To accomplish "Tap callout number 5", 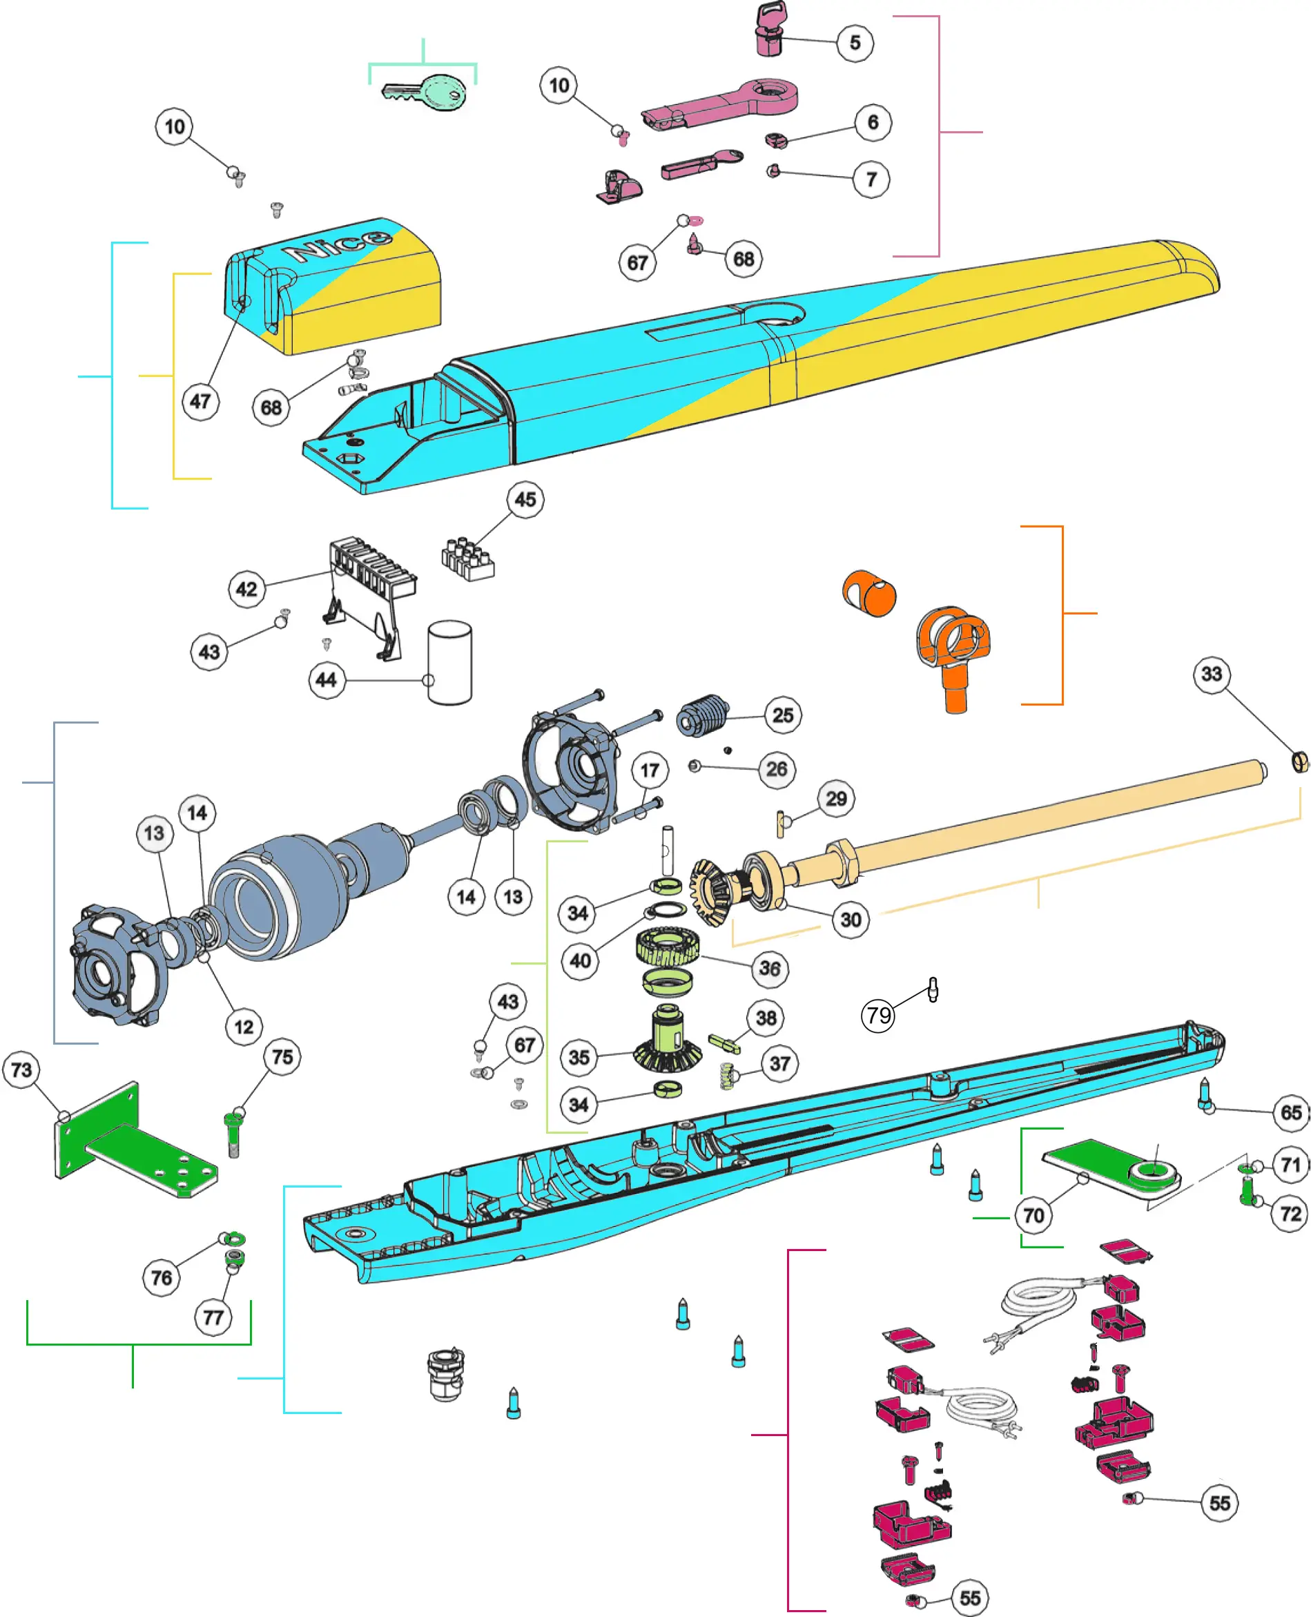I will pyautogui.click(x=855, y=42).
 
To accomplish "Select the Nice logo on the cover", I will pyautogui.click(x=338, y=243).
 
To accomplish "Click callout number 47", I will pyautogui.click(x=200, y=401).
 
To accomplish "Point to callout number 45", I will pyautogui.click(x=525, y=499).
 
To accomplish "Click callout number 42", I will pyautogui.click(x=246, y=589).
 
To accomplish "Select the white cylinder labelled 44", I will pyautogui.click(x=450, y=662).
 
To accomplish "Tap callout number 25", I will pyautogui.click(x=783, y=715).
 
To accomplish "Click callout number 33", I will pyautogui.click(x=1212, y=674).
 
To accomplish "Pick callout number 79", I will pyautogui.click(x=878, y=1015).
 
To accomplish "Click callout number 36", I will pyautogui.click(x=770, y=968).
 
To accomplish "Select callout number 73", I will pyautogui.click(x=22, y=1070).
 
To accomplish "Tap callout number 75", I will pyautogui.click(x=282, y=1056).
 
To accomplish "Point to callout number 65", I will pyautogui.click(x=1290, y=1112).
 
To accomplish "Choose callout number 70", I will pyautogui.click(x=1033, y=1215).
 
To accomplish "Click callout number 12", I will pyautogui.click(x=244, y=1027).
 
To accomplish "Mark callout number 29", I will pyautogui.click(x=836, y=799).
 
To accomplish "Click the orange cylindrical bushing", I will pyautogui.click(x=870, y=593).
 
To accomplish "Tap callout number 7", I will pyautogui.click(x=871, y=180).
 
